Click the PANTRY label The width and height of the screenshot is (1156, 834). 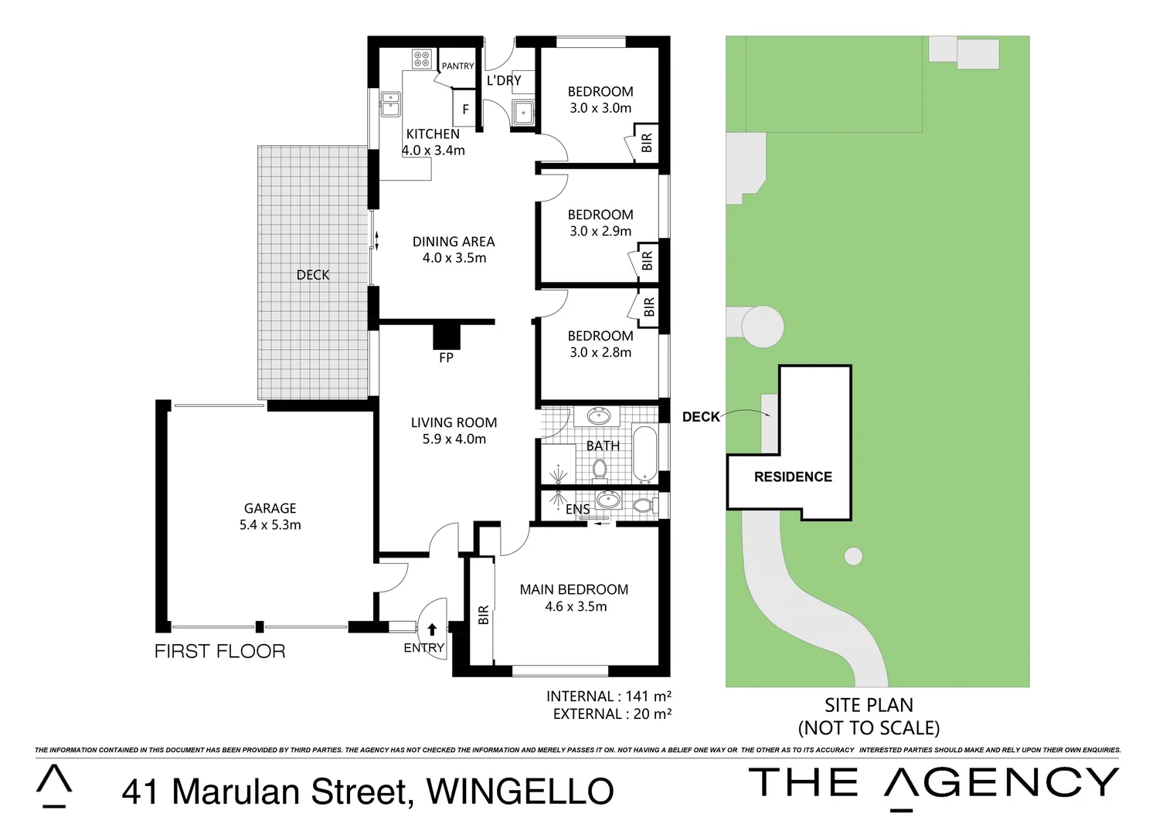[x=457, y=66]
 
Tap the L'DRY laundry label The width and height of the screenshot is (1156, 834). [x=504, y=80]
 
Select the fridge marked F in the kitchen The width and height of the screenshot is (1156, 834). [x=465, y=110]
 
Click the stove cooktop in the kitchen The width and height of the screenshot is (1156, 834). [x=422, y=59]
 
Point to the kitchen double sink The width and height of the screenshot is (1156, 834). [x=391, y=103]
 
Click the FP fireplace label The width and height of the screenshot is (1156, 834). [x=446, y=358]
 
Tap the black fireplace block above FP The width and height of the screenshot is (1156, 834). [x=446, y=337]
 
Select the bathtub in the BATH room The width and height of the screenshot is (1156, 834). [x=644, y=453]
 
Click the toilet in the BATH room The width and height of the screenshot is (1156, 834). [x=600, y=468]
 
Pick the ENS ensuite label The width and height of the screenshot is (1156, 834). [x=577, y=510]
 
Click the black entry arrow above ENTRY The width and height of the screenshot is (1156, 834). [x=432, y=629]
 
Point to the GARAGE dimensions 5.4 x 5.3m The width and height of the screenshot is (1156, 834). [x=270, y=525]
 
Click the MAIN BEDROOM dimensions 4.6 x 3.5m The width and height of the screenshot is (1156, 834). [x=576, y=607]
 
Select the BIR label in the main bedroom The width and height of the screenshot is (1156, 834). [x=484, y=615]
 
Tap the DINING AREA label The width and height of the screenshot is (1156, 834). [x=454, y=242]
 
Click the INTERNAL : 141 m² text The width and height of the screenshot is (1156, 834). [x=608, y=697]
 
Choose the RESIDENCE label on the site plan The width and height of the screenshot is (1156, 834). [x=793, y=477]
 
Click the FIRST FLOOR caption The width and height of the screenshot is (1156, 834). [x=219, y=652]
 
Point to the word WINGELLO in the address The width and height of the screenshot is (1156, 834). [x=520, y=792]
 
